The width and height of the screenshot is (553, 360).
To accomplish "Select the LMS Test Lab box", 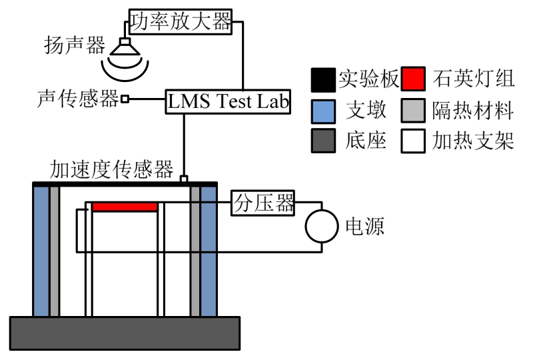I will tap(229, 102).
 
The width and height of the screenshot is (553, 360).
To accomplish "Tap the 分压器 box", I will tap(263, 203).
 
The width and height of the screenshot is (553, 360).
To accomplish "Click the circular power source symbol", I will tap(322, 227).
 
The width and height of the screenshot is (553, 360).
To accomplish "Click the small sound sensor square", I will tap(125, 99).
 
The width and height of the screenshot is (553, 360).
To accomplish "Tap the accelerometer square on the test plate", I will tap(185, 179).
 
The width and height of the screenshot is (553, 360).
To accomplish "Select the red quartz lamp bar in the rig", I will tap(125, 207).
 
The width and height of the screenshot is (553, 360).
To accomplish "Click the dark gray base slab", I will tap(125, 333).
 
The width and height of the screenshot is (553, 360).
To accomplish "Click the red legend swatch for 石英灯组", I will tap(414, 79).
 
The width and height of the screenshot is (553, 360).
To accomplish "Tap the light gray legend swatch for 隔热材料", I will tap(414, 111).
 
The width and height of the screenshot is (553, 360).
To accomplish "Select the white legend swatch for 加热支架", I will tap(414, 141).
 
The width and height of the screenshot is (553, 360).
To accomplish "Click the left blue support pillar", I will tap(41, 250).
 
